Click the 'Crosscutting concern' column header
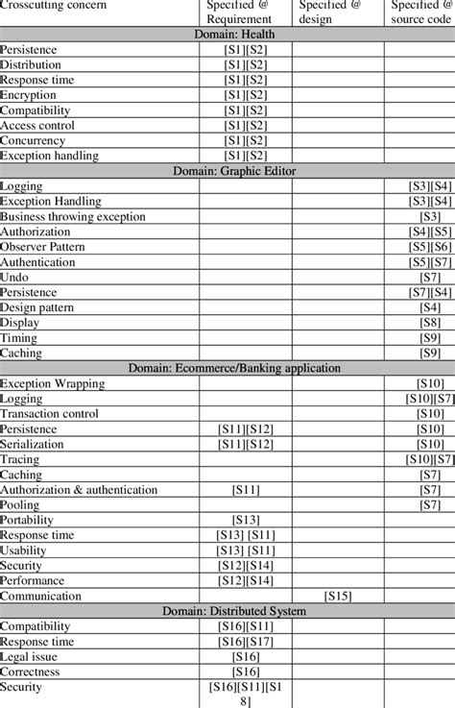[x=54, y=6]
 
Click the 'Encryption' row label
[x=29, y=95]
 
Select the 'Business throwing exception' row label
[x=73, y=216]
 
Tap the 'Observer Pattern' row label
[x=44, y=247]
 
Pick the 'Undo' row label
[x=14, y=277]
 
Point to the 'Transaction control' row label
[x=50, y=414]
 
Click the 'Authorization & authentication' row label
[x=79, y=490]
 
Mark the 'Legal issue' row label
[x=29, y=657]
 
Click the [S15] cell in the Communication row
[x=338, y=596]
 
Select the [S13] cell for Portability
[x=246, y=520]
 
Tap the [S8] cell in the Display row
[x=430, y=323]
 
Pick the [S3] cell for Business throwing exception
[x=430, y=216]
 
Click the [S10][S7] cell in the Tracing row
[x=430, y=459]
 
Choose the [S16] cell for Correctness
[x=246, y=672]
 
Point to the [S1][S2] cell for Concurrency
[x=246, y=140]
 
